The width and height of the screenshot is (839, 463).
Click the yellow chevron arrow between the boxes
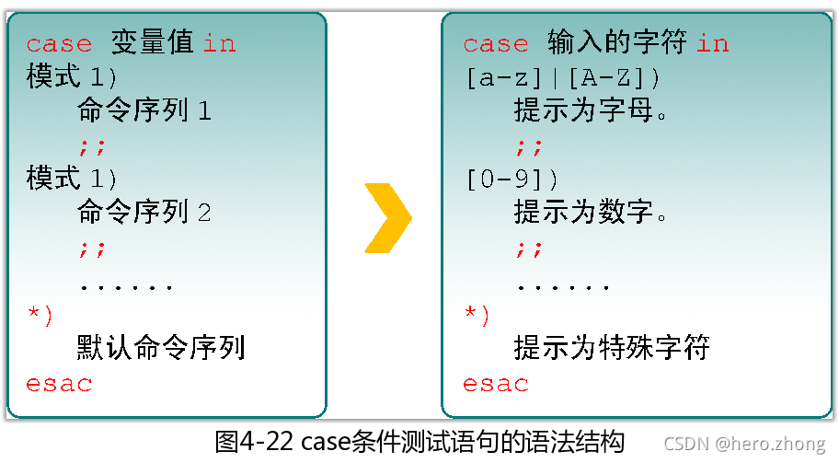click(388, 218)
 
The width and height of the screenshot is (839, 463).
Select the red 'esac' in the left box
click(59, 384)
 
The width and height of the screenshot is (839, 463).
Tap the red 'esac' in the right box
click(496, 384)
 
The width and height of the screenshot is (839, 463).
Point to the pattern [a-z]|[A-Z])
click(563, 78)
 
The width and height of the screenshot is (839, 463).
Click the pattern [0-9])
click(512, 179)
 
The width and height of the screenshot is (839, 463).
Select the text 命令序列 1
click(145, 111)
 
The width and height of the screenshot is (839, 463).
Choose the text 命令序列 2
click(145, 214)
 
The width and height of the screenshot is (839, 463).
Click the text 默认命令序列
click(161, 348)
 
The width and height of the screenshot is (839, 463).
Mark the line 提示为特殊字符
click(611, 348)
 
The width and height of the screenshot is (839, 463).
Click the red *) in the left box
click(40, 315)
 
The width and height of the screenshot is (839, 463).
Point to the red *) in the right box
click(477, 315)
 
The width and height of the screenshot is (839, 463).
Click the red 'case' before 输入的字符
click(496, 44)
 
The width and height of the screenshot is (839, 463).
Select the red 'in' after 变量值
click(219, 44)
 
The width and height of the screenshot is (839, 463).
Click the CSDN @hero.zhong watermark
click(744, 444)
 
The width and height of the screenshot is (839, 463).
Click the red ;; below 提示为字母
click(529, 146)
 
